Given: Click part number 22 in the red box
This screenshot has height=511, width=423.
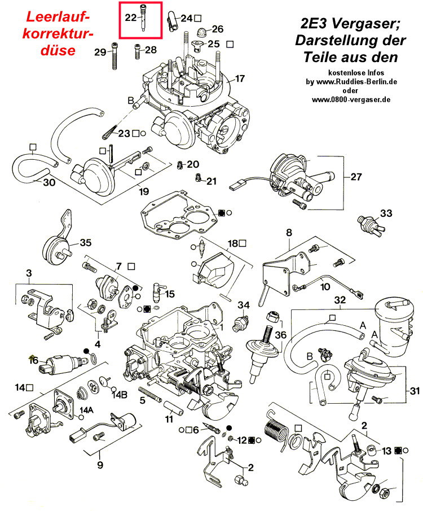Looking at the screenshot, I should click(x=130, y=18).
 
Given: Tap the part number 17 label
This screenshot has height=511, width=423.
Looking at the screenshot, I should click(x=240, y=78).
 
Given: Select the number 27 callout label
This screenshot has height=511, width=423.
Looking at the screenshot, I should click(x=356, y=177).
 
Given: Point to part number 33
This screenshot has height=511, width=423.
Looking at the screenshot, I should click(x=385, y=213).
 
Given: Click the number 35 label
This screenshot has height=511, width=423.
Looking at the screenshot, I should click(x=85, y=243).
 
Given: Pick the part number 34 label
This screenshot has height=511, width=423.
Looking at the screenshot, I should click(x=243, y=305).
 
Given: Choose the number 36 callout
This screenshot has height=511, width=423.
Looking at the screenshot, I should click(x=280, y=335).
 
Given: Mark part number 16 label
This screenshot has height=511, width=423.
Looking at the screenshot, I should click(x=34, y=360).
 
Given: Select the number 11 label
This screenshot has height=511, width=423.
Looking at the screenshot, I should click(x=169, y=420).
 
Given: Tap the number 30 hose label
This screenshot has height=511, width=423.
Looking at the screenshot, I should click(x=49, y=182).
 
